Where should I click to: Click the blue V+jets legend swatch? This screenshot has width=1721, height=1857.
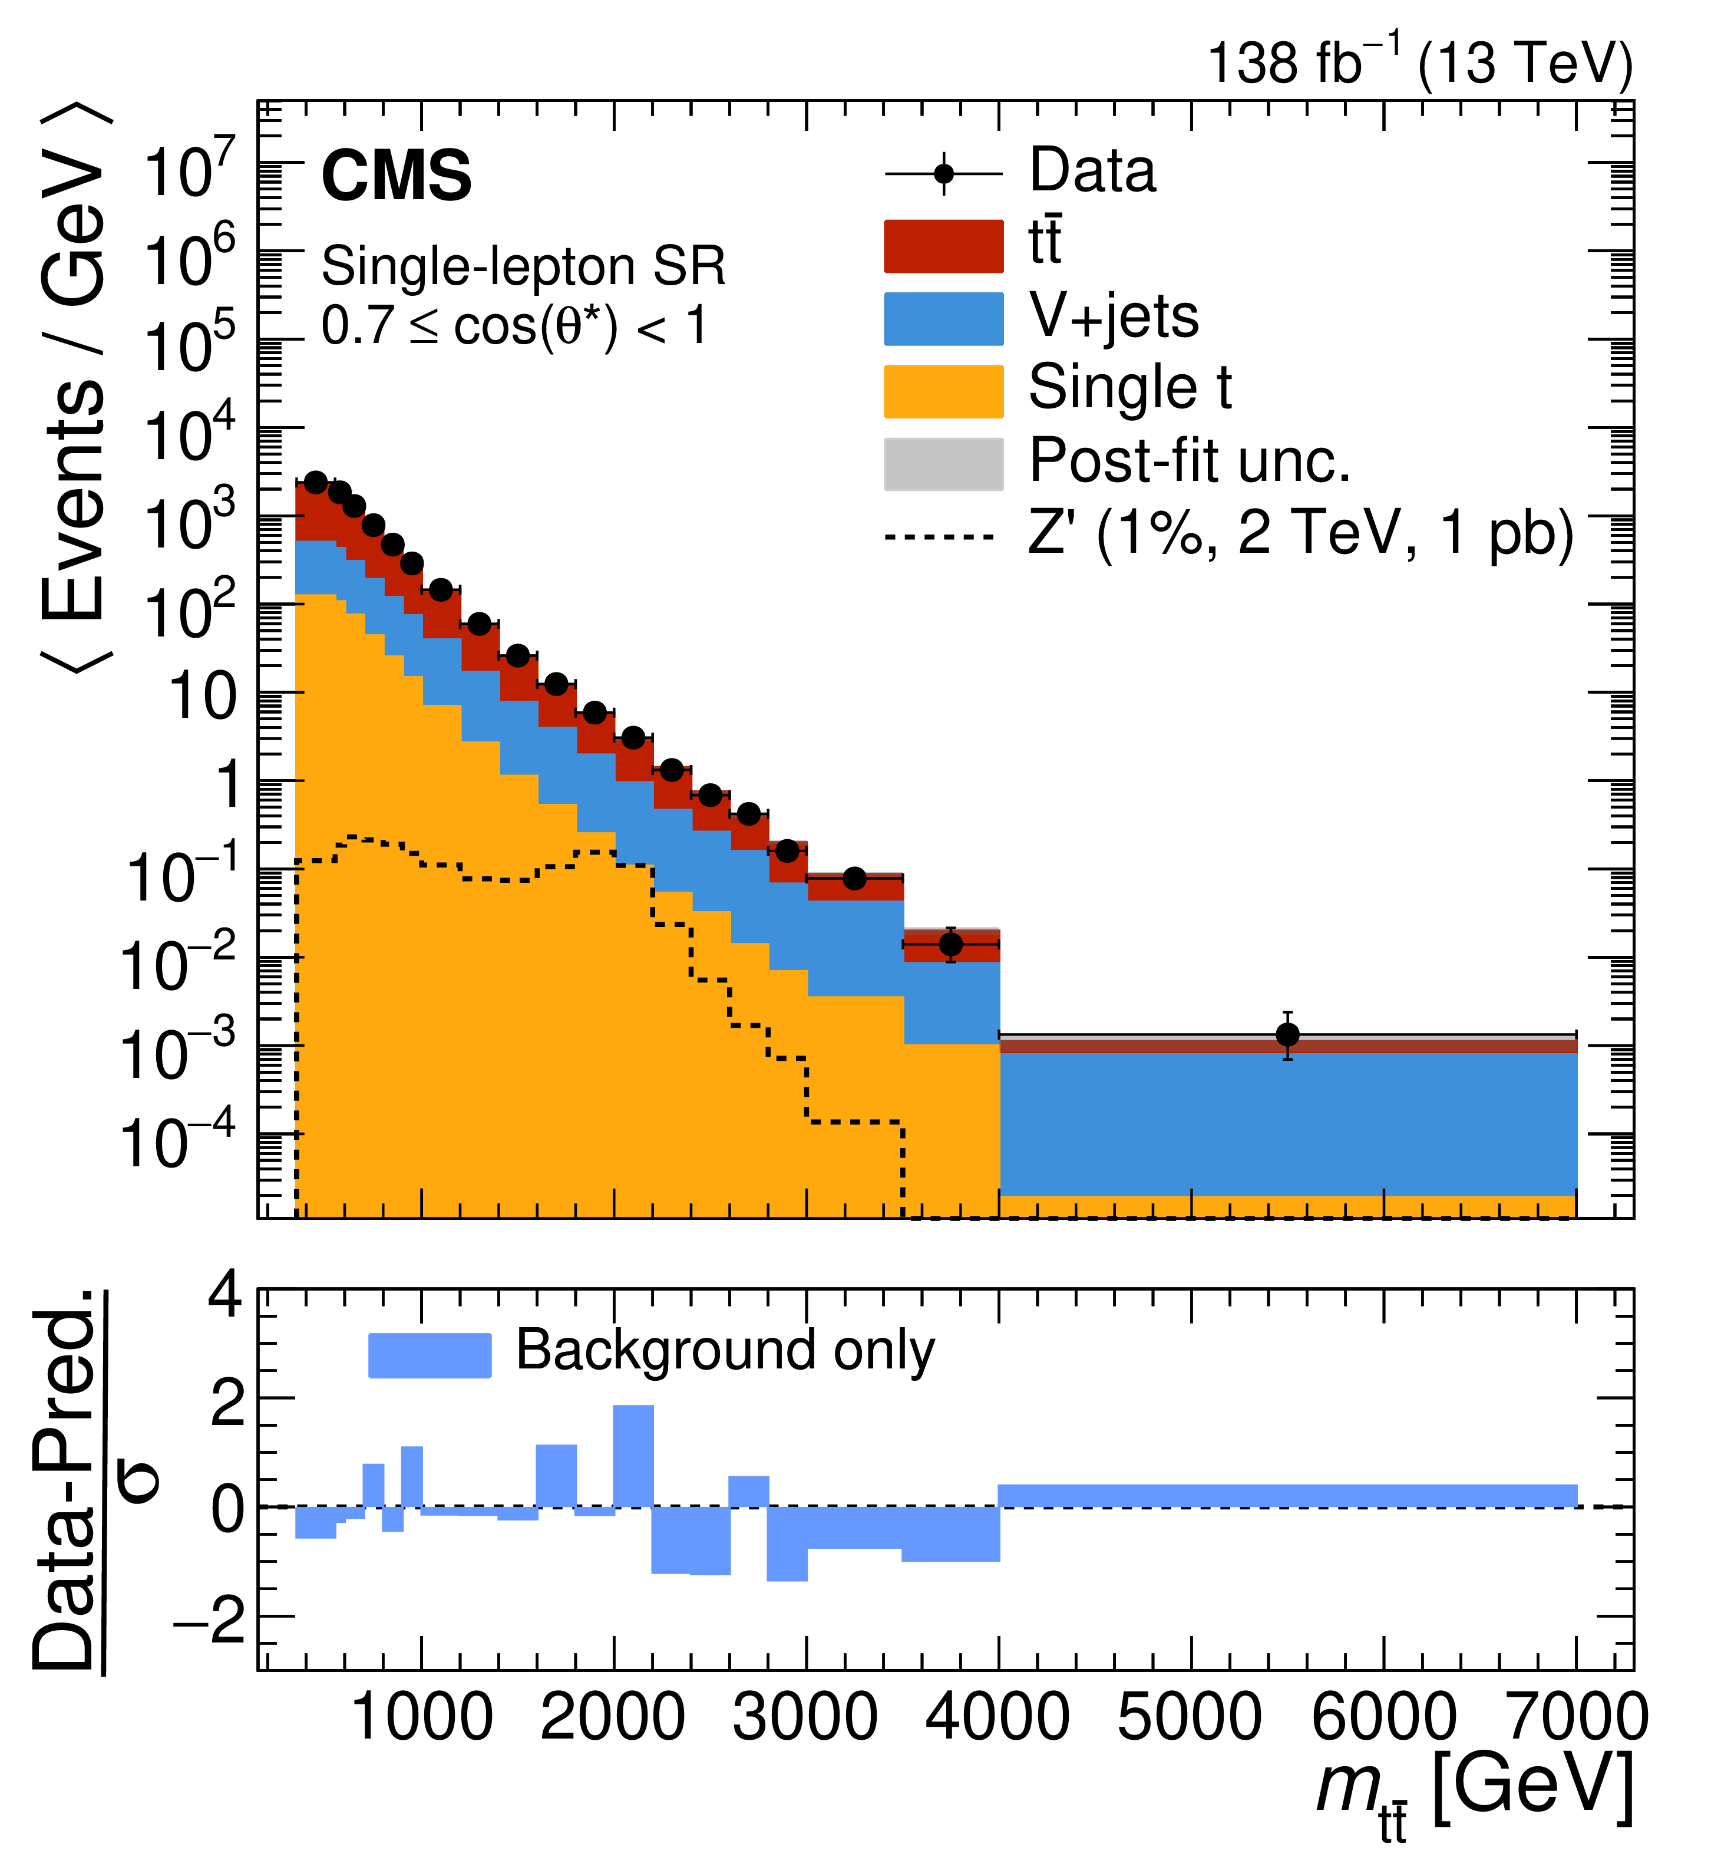tap(943, 318)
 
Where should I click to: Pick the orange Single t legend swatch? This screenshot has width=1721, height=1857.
tap(943, 391)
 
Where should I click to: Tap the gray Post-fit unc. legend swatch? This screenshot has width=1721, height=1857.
tap(943, 464)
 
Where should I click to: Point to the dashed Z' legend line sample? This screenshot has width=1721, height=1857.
tap(940, 537)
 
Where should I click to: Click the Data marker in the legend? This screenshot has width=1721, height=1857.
tap(943, 174)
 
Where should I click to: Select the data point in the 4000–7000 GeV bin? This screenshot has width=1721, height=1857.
tap(1287, 1035)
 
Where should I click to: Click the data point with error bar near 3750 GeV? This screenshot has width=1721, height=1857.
tap(950, 944)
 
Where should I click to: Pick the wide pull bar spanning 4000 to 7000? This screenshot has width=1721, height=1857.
tap(1287, 1495)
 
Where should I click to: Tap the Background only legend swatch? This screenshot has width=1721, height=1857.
tap(430, 1355)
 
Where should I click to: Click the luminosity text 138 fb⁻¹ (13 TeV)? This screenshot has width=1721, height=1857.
tap(1419, 63)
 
